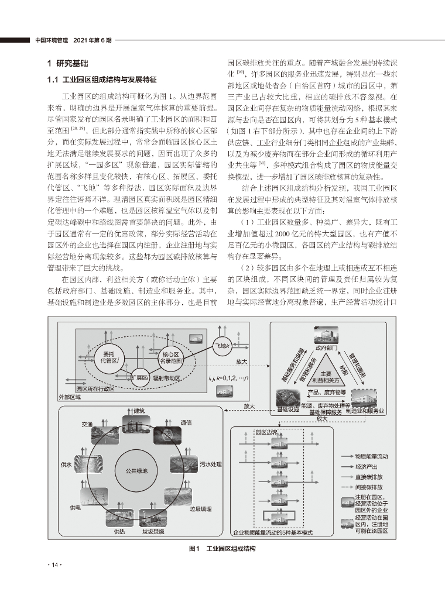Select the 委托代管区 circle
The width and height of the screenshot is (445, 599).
tap(109, 357)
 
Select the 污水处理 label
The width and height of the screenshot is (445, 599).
tap(210, 464)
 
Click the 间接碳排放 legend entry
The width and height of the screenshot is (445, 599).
tap(369, 486)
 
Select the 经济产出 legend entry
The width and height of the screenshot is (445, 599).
tap(367, 466)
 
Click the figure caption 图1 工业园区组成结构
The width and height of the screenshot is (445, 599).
tap(222, 549)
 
